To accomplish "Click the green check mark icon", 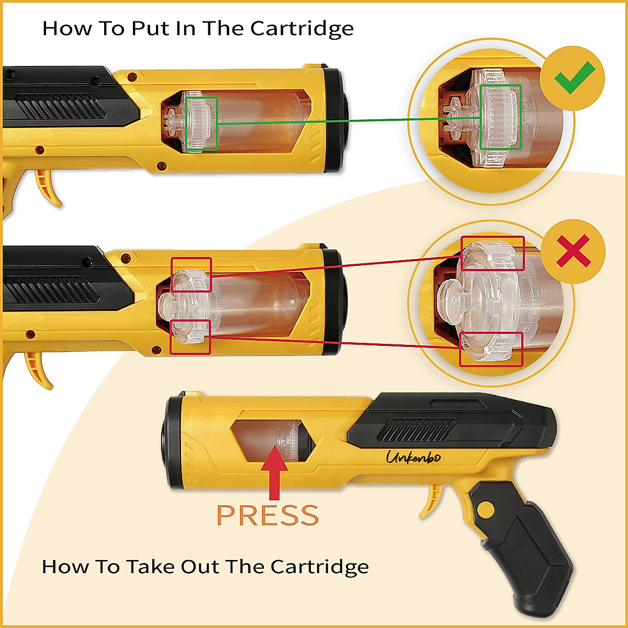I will click(574, 77).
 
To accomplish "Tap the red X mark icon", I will click(574, 251).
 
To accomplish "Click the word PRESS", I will click(267, 516).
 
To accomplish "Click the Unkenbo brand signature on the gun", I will click(413, 457).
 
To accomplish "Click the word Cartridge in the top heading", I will click(302, 29).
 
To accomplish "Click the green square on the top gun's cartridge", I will click(201, 124).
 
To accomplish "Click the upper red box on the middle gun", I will click(192, 275).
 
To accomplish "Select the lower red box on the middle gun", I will click(190, 337).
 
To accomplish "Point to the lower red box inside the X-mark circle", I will click(491, 349).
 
